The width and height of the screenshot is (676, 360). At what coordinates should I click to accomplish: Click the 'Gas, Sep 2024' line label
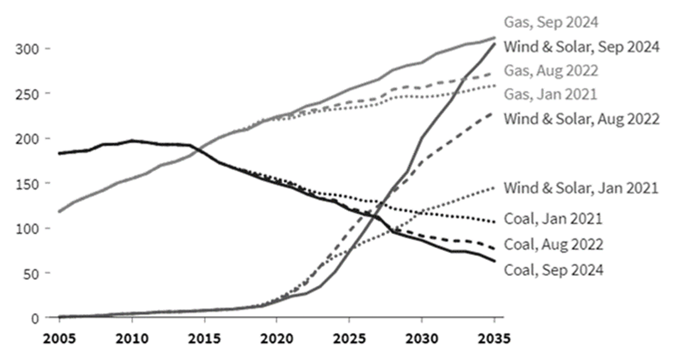[551, 23]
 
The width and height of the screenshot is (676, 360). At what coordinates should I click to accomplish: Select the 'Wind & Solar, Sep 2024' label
[581, 46]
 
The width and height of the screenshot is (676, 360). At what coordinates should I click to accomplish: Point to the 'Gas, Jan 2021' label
[551, 94]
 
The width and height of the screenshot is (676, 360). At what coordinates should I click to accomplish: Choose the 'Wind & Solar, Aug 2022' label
[581, 118]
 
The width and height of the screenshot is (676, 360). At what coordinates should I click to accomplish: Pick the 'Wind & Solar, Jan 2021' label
[581, 187]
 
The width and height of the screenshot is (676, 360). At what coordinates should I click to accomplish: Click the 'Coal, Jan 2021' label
[553, 219]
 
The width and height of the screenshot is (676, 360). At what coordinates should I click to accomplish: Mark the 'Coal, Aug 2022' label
[554, 244]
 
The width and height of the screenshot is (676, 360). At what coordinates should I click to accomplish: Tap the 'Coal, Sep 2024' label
[554, 270]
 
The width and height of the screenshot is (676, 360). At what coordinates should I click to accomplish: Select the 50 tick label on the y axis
[29, 273]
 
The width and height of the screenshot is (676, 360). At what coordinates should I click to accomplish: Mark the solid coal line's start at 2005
[60, 153]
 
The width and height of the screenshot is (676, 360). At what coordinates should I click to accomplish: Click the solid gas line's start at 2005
[60, 211]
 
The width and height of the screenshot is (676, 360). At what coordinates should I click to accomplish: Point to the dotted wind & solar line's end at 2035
[494, 188]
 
